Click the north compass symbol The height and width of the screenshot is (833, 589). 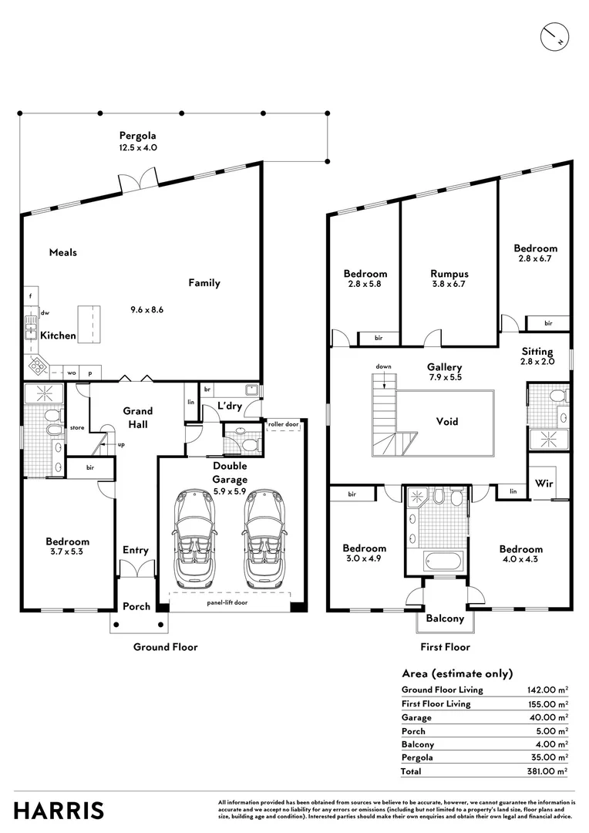[x=554, y=37]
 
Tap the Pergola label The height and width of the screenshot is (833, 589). [x=137, y=136]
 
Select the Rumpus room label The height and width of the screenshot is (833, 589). [x=449, y=274]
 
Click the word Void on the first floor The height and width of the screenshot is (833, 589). [x=447, y=421]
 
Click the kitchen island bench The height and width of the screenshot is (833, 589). [x=89, y=324]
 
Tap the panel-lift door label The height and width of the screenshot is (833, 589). [x=227, y=602]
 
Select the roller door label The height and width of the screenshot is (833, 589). [x=284, y=424]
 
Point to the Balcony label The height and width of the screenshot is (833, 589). [x=445, y=619]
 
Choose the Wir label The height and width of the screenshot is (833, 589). [x=544, y=484]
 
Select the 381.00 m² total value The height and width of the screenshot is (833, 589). [x=547, y=771]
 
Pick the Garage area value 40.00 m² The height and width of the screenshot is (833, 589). [x=549, y=717]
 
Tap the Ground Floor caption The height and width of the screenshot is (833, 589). [x=165, y=647]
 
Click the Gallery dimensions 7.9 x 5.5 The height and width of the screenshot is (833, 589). [x=445, y=377]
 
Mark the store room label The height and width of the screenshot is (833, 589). [x=77, y=427]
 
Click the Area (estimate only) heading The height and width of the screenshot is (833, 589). [x=457, y=673]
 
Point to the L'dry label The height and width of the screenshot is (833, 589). [x=230, y=406]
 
